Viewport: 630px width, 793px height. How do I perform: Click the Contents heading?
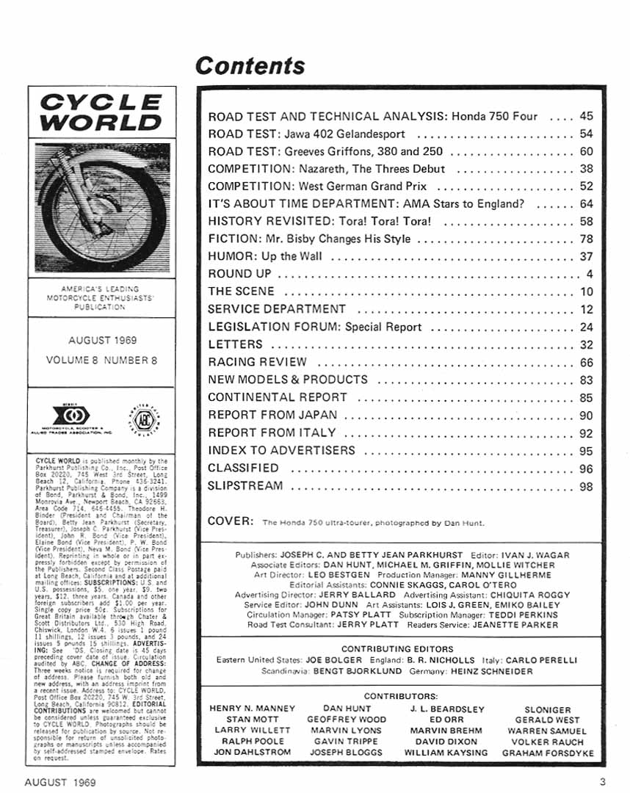[250, 66]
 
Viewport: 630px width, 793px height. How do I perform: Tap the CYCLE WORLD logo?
[101, 112]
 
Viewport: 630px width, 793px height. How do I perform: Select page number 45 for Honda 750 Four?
[586, 116]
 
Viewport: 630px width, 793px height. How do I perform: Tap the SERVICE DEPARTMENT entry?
[276, 309]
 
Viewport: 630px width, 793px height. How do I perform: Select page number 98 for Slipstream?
[586, 485]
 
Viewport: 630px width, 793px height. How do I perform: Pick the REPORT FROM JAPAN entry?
[272, 415]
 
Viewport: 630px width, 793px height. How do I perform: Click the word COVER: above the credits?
[231, 521]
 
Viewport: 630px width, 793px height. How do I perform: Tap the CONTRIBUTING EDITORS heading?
[397, 649]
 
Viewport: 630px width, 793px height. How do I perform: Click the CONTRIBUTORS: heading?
[401, 695]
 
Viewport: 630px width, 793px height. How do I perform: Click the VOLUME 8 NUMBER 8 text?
[101, 361]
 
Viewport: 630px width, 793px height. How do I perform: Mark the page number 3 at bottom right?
[601, 783]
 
